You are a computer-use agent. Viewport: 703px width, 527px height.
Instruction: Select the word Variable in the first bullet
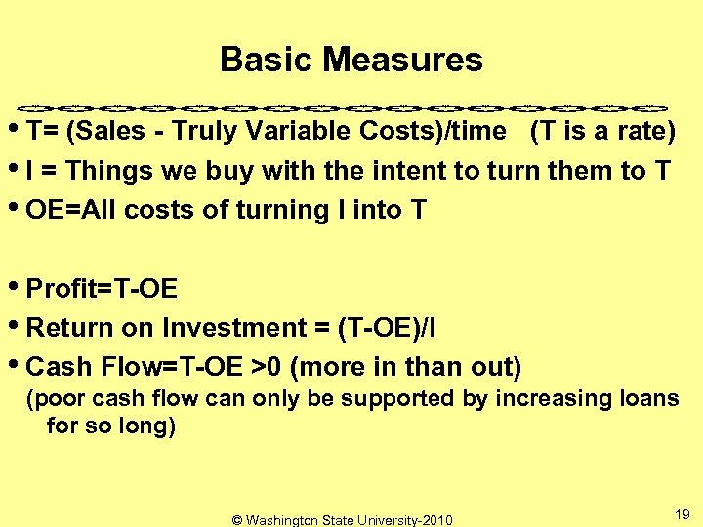[294, 132]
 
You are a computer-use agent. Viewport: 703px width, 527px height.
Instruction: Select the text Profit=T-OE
[103, 289]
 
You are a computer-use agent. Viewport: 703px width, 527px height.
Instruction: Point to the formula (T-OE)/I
[387, 328]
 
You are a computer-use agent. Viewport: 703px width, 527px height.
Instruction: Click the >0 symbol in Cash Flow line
[267, 367]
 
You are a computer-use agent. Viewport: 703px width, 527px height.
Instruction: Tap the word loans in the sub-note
[649, 398]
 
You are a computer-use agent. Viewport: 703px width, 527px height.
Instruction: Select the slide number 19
[682, 513]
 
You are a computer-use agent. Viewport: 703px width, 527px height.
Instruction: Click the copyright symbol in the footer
[237, 520]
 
